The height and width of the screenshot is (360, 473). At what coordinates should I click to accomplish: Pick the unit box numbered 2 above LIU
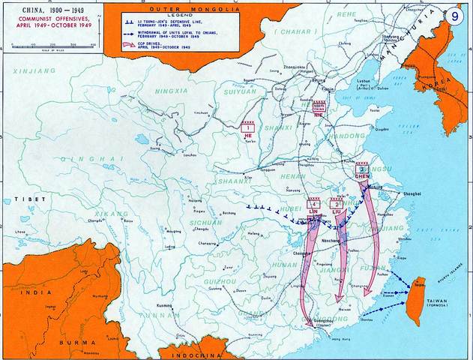337,204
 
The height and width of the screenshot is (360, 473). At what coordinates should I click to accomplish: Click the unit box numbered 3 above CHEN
363,170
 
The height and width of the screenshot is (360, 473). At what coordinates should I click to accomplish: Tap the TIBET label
14,200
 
